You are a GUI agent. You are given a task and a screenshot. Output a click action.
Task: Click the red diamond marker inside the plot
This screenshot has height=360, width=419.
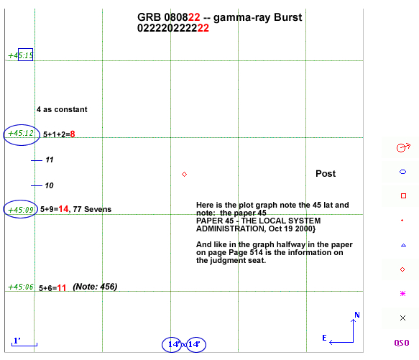184,175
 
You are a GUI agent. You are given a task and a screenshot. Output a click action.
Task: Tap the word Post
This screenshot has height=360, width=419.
326,174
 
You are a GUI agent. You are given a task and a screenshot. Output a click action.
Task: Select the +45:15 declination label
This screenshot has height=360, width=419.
21,55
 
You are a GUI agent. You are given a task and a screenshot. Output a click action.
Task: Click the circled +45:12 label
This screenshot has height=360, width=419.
21,133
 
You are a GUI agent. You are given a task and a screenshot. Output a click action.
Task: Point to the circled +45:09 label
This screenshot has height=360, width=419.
21,210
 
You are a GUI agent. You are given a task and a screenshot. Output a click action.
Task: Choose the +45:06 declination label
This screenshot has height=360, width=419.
21,287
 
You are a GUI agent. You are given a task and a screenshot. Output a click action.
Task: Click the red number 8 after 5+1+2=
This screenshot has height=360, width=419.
73,134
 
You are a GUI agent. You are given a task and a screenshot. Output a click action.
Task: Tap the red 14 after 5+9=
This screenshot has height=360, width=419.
63,208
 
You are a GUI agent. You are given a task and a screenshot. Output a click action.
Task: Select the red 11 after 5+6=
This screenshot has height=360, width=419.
62,288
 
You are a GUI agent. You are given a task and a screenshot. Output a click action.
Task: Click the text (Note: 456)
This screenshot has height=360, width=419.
95,287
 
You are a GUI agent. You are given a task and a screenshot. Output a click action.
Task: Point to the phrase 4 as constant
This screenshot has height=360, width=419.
62,109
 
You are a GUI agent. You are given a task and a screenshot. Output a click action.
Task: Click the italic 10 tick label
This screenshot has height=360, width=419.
49,185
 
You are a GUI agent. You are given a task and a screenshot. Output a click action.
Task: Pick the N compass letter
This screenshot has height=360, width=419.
357,315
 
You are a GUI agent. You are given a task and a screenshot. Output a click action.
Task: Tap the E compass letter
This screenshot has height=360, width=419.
324,338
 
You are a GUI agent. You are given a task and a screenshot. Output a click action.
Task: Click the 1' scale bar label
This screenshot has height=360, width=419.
17,341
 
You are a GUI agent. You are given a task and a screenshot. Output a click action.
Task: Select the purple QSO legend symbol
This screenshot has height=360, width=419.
402,343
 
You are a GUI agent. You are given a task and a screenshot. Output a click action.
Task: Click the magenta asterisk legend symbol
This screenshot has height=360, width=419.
402,294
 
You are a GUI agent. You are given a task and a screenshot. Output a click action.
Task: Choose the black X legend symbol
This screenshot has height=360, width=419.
402,318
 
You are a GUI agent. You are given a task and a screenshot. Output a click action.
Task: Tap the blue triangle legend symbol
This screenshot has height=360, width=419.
403,245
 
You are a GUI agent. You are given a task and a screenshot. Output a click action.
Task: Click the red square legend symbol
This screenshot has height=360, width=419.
403,196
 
